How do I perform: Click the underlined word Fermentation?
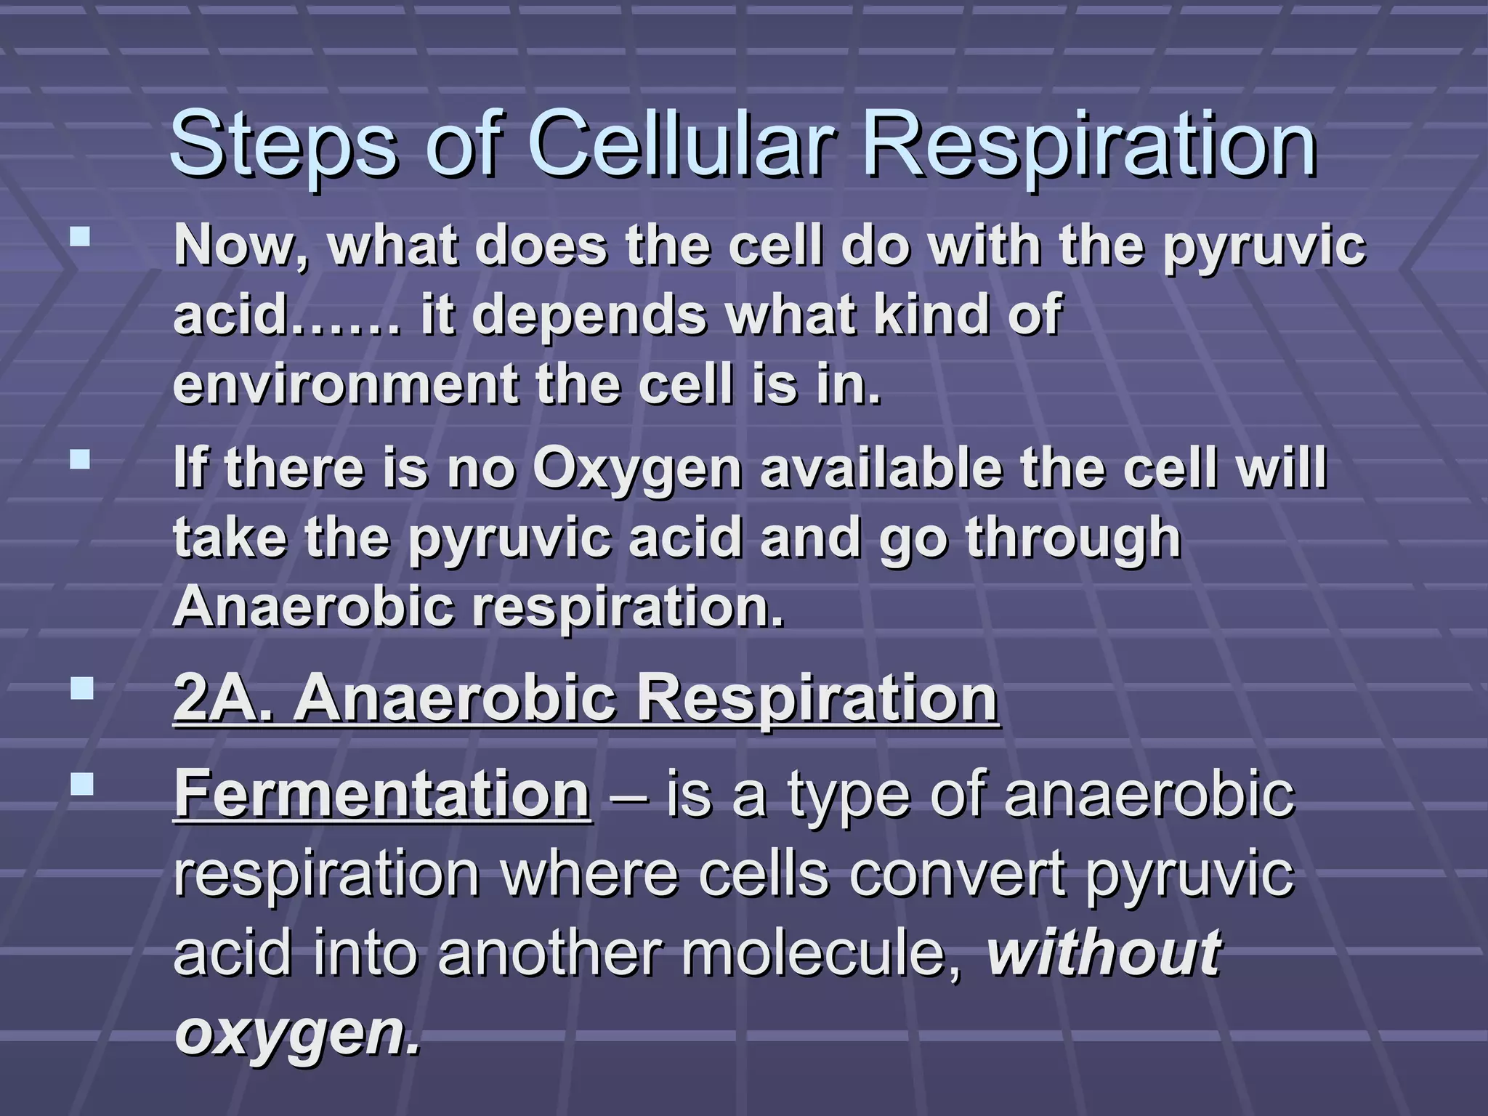(x=382, y=794)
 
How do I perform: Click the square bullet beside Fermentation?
(x=82, y=783)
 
